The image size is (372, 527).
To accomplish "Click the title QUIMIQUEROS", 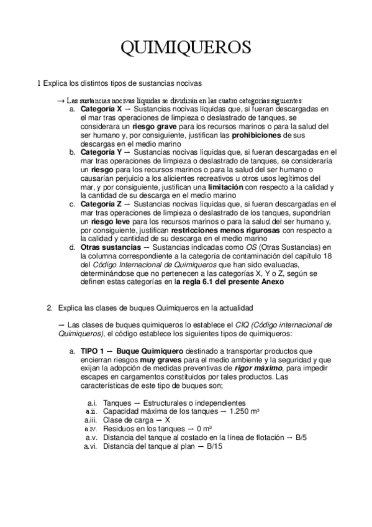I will [x=186, y=48].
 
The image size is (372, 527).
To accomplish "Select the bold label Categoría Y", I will [x=102, y=152].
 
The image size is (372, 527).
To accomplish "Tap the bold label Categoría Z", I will [x=102, y=204].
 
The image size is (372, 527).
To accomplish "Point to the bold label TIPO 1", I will [x=94, y=351].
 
